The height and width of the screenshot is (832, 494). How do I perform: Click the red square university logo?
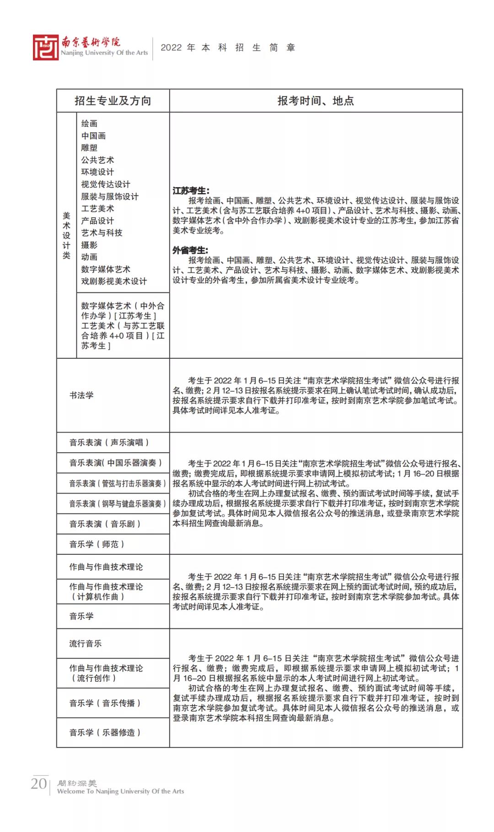(45, 47)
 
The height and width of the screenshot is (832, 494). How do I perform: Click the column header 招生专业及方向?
(113, 101)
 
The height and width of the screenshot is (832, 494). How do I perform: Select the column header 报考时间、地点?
(316, 101)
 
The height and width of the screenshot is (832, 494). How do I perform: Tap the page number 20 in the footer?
(39, 783)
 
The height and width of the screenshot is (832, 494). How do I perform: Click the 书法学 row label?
(81, 395)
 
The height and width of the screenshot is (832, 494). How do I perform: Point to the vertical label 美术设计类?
(67, 235)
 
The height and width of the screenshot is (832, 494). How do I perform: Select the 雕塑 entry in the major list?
(89, 148)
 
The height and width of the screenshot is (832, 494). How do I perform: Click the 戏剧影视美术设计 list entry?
(114, 281)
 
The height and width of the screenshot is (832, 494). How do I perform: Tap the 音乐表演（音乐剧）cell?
(105, 524)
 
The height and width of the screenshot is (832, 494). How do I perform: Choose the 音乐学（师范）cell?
(97, 544)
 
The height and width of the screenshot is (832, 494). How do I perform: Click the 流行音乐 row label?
(86, 643)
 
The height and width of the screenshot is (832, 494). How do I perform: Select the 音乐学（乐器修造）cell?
(105, 732)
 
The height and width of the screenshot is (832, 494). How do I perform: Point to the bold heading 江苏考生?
(191, 190)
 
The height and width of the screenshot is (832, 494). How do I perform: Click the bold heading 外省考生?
(190, 250)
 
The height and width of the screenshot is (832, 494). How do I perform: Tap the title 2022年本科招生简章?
(228, 48)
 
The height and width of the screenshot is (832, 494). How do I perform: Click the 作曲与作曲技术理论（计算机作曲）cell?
(106, 592)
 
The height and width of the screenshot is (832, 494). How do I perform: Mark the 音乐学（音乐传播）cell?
(105, 703)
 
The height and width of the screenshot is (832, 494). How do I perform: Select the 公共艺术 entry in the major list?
(97, 160)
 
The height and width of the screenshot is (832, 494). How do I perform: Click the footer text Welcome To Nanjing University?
(120, 791)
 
